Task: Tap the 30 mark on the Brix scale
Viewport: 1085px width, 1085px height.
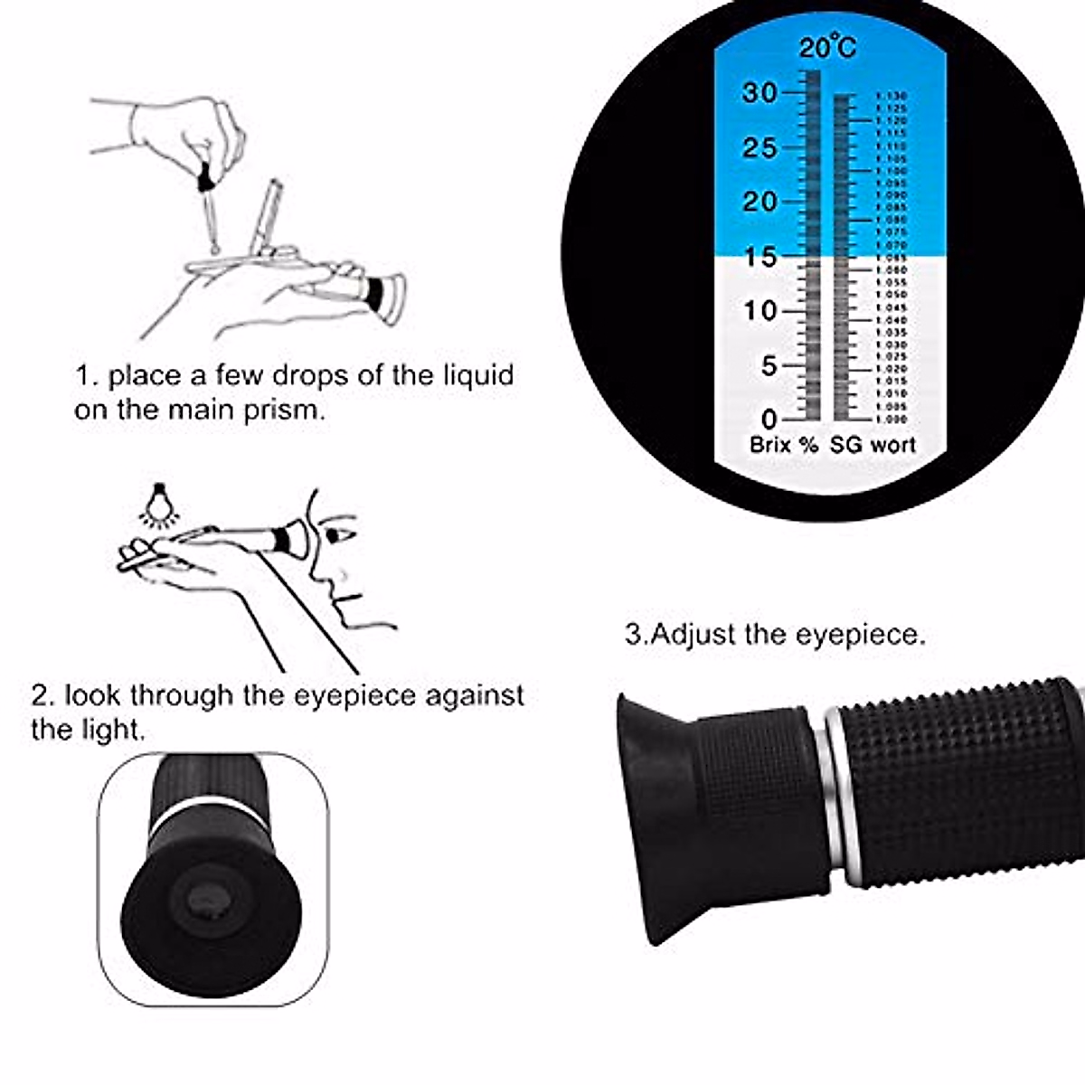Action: click(x=759, y=92)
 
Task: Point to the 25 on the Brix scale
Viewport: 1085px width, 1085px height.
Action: click(x=759, y=147)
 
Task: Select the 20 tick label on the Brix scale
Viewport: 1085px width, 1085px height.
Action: click(x=759, y=202)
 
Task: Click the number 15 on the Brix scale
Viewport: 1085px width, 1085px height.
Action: click(x=759, y=257)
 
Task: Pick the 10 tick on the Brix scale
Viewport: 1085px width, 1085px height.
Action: click(x=759, y=311)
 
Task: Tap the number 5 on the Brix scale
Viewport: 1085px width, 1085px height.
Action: click(x=769, y=366)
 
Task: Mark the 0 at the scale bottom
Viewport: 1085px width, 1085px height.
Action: click(x=769, y=420)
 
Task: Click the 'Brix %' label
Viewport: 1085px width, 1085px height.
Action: click(x=783, y=445)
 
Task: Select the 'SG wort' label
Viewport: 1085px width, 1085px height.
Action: click(x=873, y=445)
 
